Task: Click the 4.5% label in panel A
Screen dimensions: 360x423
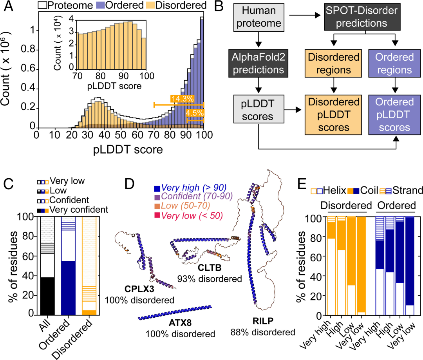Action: (x=195, y=113)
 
